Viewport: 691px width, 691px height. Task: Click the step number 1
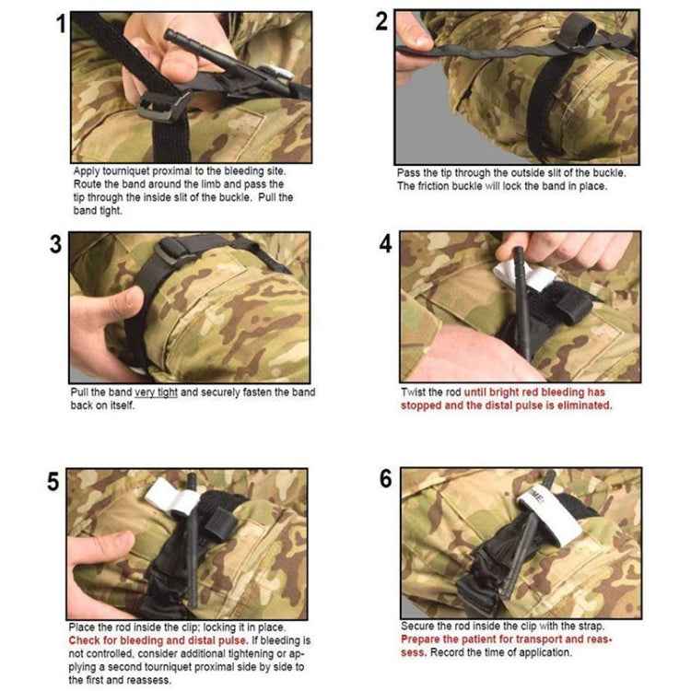(x=61, y=25)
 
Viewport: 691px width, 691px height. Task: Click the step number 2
(x=382, y=22)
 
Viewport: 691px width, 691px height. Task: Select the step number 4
(x=385, y=245)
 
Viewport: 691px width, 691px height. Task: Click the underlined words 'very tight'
(x=155, y=392)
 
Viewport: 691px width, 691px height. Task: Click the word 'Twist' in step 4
(x=414, y=392)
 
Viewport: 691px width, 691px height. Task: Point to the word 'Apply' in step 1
(x=88, y=172)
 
